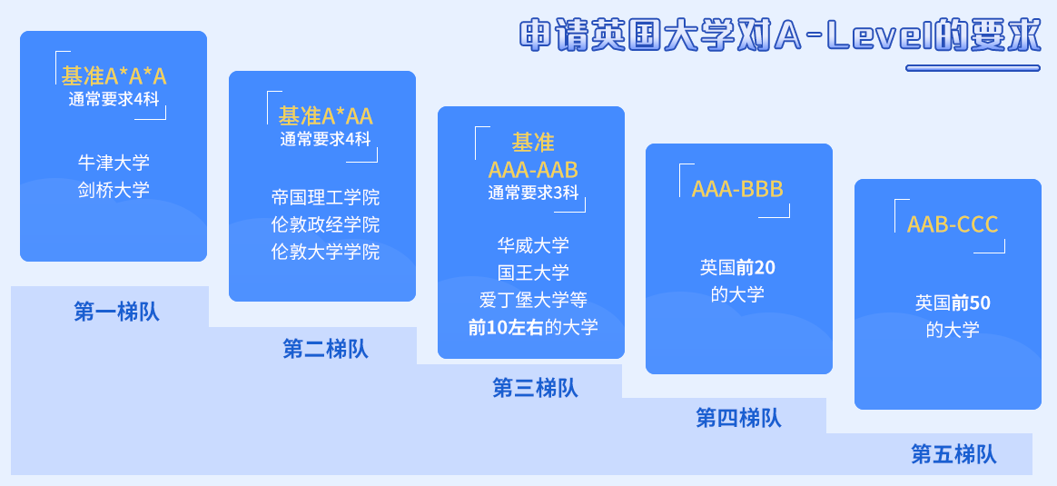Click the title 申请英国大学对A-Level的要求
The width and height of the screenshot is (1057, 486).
coord(781,35)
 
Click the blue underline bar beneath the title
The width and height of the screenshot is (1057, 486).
coord(973,68)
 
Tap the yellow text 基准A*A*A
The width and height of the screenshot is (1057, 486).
coord(114,76)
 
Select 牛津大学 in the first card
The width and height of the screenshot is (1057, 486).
coord(114,163)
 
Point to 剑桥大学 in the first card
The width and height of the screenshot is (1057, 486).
coord(114,190)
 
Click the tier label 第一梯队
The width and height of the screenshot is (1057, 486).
coord(116,312)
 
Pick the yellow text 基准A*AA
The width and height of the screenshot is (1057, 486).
coord(326,116)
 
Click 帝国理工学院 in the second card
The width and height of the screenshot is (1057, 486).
coord(326,197)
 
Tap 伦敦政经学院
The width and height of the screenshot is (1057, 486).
coord(326,224)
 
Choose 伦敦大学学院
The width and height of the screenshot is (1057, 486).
coord(326,252)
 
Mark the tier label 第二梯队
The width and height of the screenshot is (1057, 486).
coord(326,349)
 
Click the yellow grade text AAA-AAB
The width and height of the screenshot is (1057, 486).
coord(533,169)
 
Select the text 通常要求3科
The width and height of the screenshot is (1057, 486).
coord(533,193)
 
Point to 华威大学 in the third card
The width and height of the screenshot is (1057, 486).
coord(533,245)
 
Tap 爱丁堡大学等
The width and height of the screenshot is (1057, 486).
coord(533,299)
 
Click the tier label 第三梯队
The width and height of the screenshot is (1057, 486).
coord(535,388)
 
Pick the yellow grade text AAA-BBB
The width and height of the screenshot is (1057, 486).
coord(737,190)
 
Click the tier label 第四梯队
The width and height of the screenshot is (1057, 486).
coord(739,418)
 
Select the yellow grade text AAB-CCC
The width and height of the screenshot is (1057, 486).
coord(953,224)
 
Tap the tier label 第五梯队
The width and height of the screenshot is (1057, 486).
coord(953,454)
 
